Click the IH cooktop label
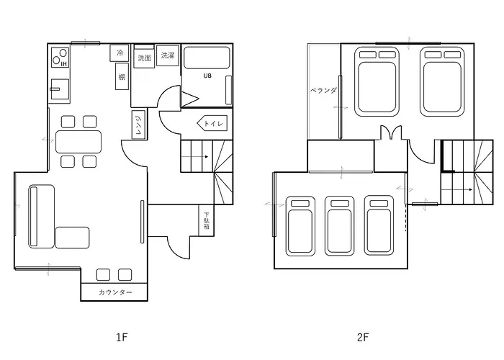click(x=64, y=64)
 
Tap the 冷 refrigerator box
click(x=120, y=53)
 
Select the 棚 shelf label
click(x=122, y=77)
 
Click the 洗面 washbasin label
click(x=144, y=58)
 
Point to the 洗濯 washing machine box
click(x=168, y=55)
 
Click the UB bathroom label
click(x=207, y=76)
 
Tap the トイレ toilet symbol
click(x=212, y=123)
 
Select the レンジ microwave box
click(x=138, y=125)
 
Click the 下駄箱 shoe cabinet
click(x=207, y=220)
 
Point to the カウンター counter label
click(x=115, y=292)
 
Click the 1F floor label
click(x=122, y=337)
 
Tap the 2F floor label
click(x=363, y=337)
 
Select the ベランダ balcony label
click(x=323, y=90)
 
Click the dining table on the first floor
click(x=78, y=141)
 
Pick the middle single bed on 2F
click(x=340, y=226)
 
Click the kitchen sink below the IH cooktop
click(x=60, y=89)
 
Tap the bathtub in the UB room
click(x=207, y=58)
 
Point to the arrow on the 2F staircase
click(x=456, y=189)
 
